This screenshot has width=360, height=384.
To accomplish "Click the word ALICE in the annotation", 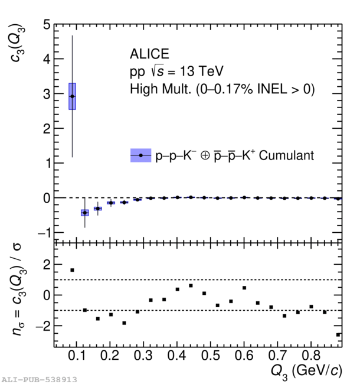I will pos(149,54).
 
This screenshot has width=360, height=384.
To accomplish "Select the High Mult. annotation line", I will pos(222,90).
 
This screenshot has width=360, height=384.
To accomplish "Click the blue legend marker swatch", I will pos(140,155).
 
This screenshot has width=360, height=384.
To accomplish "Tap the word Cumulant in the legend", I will pos(286,155).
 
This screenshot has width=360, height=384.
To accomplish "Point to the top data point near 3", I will pos(72,96).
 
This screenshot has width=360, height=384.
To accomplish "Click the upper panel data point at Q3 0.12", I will pos(85,212).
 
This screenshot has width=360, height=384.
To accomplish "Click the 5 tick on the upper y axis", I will pos(46,25).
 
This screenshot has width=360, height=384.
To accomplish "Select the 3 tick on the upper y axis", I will pos(46,95).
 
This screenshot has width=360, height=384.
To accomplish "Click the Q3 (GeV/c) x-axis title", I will pos(305,371).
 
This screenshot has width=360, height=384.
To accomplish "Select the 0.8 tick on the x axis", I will pos(311,357).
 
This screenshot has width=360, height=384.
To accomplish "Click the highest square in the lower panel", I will pos(72,270).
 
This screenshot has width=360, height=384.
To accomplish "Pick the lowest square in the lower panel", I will pos(338,335).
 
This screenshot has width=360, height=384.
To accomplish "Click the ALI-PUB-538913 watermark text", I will pos(39,379).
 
